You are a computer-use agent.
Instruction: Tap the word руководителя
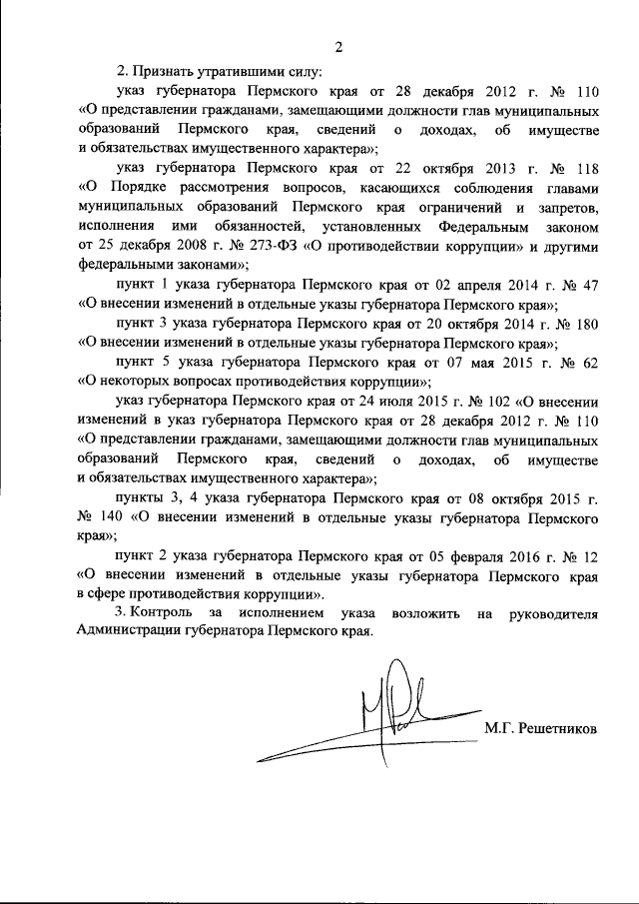(x=554, y=613)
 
